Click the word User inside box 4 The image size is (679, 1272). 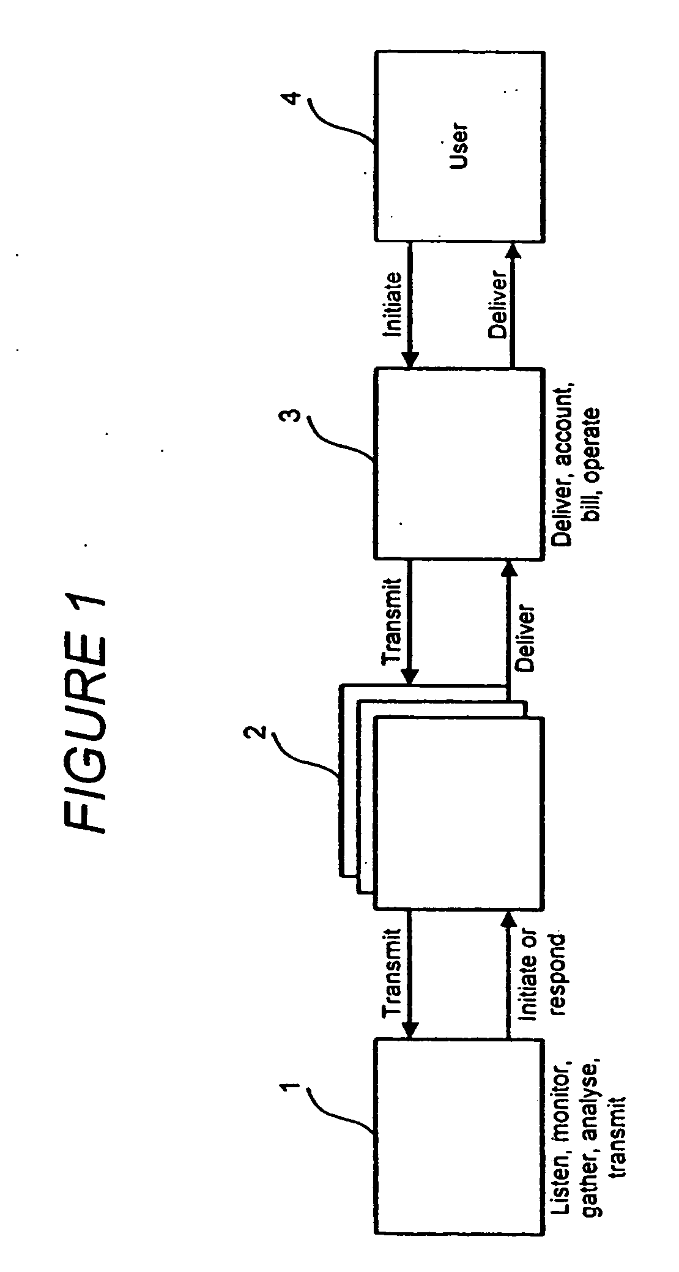tap(458, 147)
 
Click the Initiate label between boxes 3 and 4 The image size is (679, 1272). tap(393, 304)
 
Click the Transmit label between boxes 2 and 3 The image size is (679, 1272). tap(393, 622)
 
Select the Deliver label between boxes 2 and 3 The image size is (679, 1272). tap(525, 639)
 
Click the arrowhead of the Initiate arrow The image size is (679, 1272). tap(410, 362)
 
